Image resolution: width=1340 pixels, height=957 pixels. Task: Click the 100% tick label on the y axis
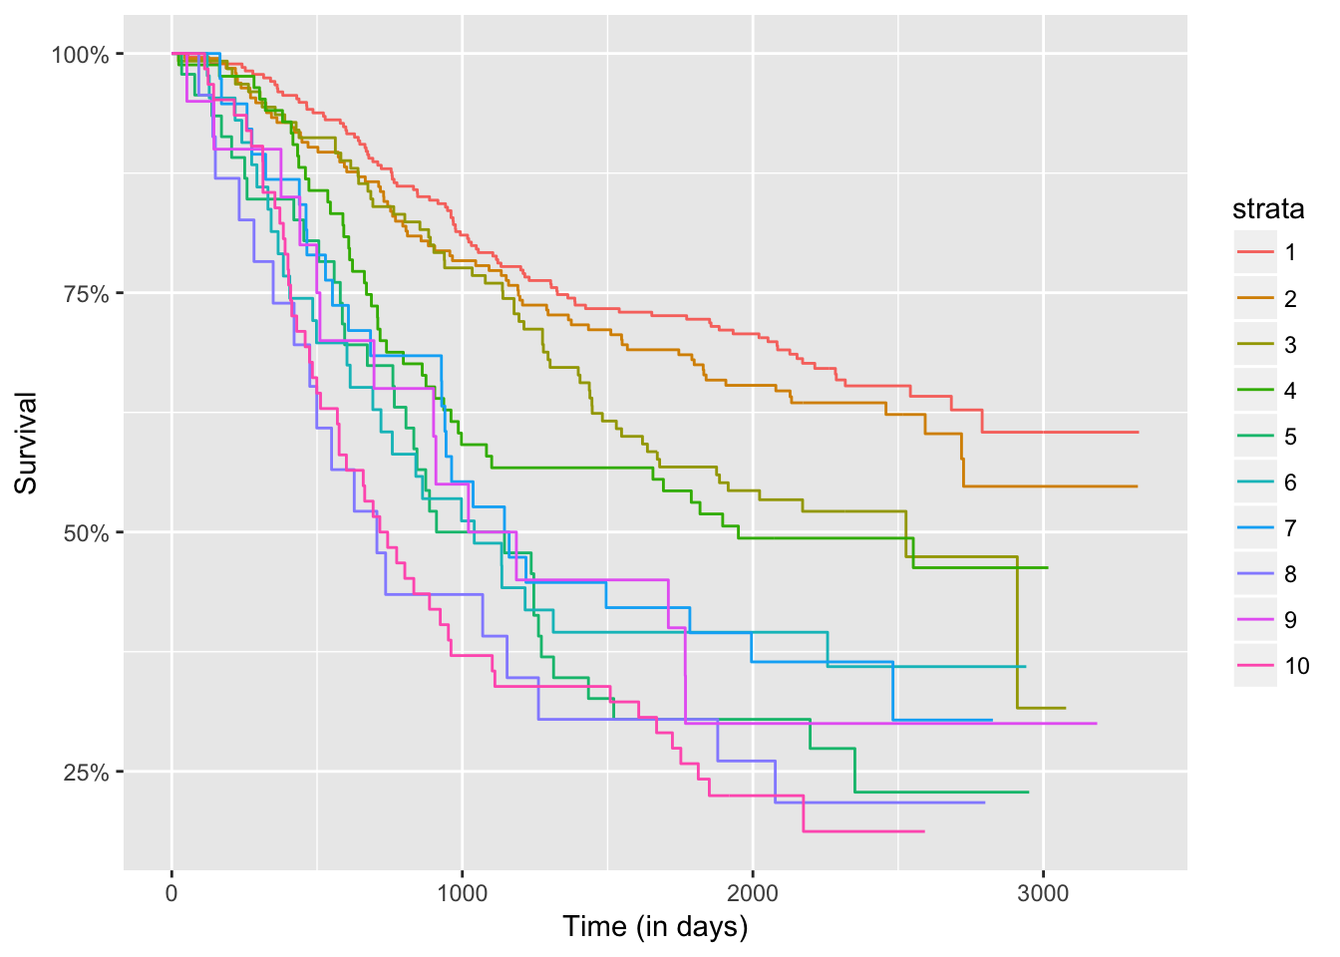[x=80, y=54]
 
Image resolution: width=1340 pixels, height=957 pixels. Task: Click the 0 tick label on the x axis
[x=171, y=890]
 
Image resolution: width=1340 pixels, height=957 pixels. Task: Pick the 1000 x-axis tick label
[x=462, y=890]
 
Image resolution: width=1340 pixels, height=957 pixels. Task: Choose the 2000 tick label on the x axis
[x=752, y=890]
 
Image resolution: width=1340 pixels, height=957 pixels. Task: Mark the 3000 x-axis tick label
[x=1043, y=890]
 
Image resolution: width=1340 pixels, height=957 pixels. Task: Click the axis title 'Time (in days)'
[x=655, y=927]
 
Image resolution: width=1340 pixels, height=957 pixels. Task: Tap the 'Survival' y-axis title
[x=26, y=443]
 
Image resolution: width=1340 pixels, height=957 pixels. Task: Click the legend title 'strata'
[x=1268, y=209]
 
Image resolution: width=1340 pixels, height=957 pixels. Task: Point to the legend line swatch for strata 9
[x=1255, y=620]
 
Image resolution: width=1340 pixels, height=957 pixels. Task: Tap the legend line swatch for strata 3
[x=1255, y=345]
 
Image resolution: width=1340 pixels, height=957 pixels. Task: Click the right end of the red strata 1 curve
[x=1138, y=433]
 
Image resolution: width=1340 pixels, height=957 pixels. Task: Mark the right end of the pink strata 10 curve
[x=924, y=831]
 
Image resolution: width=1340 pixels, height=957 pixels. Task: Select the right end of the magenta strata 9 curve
[x=1097, y=724]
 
